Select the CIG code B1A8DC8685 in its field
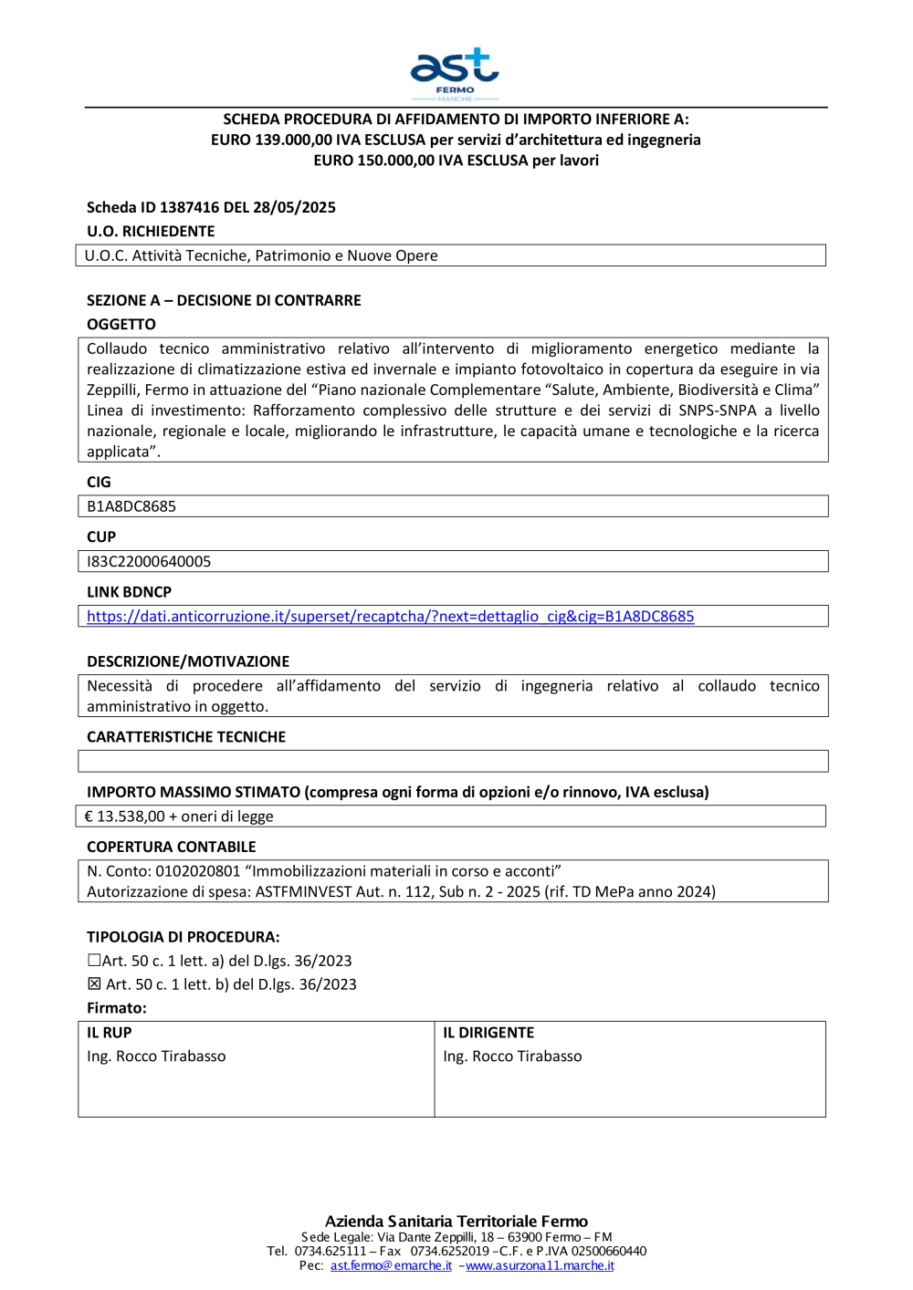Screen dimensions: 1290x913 point(131,506)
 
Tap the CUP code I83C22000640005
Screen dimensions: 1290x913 point(149,562)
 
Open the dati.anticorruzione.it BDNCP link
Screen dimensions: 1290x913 point(390,617)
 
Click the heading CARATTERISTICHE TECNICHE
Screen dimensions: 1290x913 point(186,737)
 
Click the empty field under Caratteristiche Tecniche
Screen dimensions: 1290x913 point(453,761)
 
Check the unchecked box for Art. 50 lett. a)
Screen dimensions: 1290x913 point(94,961)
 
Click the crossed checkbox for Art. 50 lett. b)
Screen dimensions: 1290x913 point(94,984)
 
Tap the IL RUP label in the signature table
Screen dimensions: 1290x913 point(110,1033)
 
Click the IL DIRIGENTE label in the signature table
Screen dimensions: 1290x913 point(488,1033)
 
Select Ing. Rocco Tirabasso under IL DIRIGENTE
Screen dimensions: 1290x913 point(512,1056)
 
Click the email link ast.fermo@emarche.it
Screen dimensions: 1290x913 point(391,1266)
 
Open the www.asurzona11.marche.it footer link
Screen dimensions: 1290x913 point(540,1266)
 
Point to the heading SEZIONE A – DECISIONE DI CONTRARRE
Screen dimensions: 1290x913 point(224,301)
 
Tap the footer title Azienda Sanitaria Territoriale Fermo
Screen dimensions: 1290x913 point(456,1222)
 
